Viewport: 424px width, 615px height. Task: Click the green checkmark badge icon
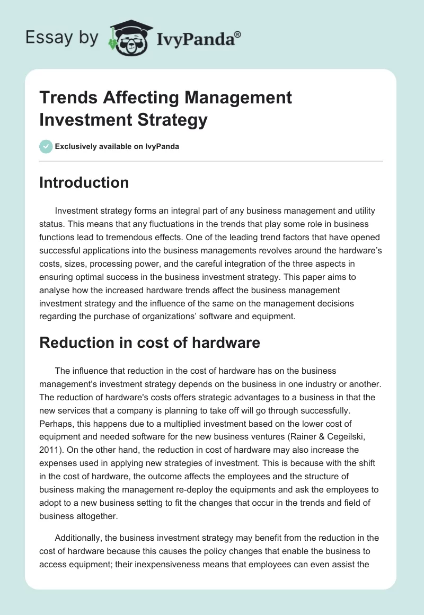46,146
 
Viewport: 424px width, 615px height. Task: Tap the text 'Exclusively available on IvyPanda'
117,147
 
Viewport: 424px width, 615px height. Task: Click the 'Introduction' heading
84,182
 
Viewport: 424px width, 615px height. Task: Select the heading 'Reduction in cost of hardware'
150,342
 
